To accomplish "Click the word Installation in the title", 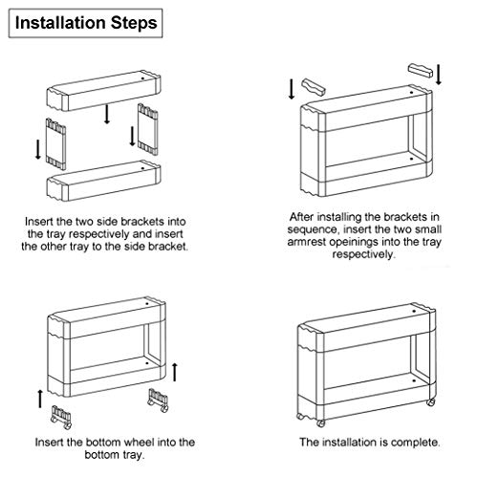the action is [60, 23].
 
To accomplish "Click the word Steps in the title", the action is [134, 24].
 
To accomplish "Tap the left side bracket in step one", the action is [55, 144].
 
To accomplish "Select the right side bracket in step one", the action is [148, 129].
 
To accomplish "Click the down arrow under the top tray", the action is [107, 114].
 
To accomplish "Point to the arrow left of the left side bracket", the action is [38, 149].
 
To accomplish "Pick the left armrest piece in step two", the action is [314, 87].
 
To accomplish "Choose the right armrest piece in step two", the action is [421, 71].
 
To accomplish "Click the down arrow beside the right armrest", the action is [439, 75].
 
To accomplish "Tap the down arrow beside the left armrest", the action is [292, 89].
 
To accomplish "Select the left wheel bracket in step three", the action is [61, 417].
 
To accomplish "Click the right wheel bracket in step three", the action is [158, 401].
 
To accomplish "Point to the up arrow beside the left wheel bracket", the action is [40, 399].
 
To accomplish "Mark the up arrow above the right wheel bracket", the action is [174, 372].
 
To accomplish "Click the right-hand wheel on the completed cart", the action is [431, 402].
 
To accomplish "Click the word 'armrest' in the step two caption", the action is [307, 242].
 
